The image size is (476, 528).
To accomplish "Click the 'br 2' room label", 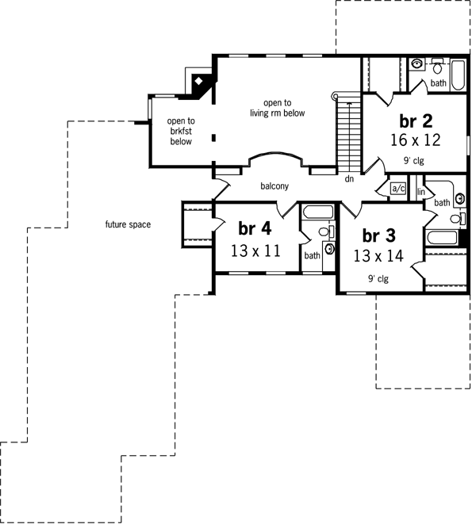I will tap(416, 121).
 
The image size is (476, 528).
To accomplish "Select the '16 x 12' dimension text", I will tap(416, 140).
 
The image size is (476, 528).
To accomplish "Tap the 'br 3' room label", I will tap(378, 236).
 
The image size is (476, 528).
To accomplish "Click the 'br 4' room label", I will tap(255, 228).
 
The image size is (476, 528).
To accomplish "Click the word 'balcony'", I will tap(274, 186).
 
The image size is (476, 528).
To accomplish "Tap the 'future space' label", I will tap(128, 224).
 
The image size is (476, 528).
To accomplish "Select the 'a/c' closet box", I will tap(398, 189).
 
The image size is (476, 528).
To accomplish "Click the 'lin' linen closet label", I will tap(422, 191).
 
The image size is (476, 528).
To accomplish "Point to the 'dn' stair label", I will tap(348, 179).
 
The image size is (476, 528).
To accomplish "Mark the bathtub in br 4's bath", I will tap(317, 213).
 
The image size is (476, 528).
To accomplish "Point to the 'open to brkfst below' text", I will tap(180, 132).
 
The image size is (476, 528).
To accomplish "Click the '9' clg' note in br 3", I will tap(378, 278).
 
